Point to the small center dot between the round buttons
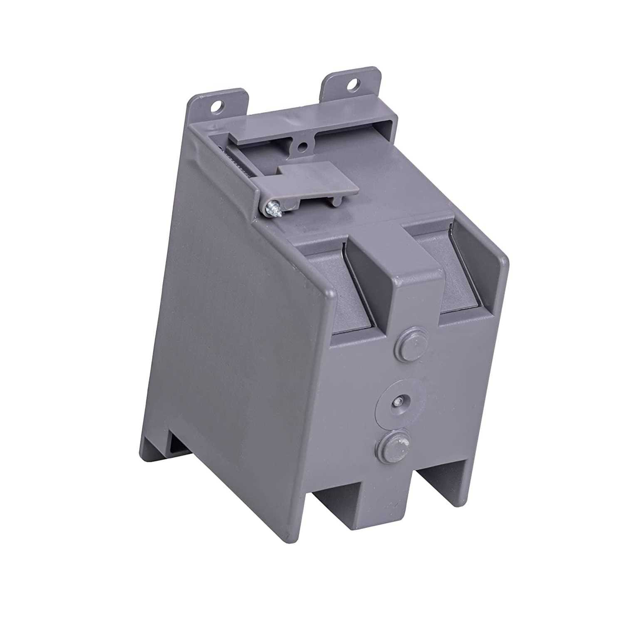399,401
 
